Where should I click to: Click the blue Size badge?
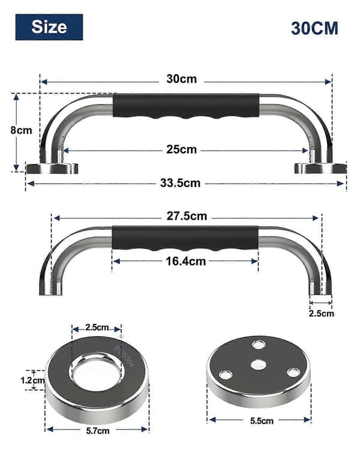tap(49, 27)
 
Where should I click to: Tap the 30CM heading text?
tap(314, 28)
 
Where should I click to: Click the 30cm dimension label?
tap(181, 79)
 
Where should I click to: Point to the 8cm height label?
tap(21, 130)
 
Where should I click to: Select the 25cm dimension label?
tap(181, 149)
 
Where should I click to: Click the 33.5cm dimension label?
tap(180, 183)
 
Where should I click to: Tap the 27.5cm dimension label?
tap(187, 216)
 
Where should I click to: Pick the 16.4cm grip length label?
tap(186, 262)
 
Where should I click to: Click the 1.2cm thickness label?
tap(33, 380)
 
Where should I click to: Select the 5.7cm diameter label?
tap(98, 431)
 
